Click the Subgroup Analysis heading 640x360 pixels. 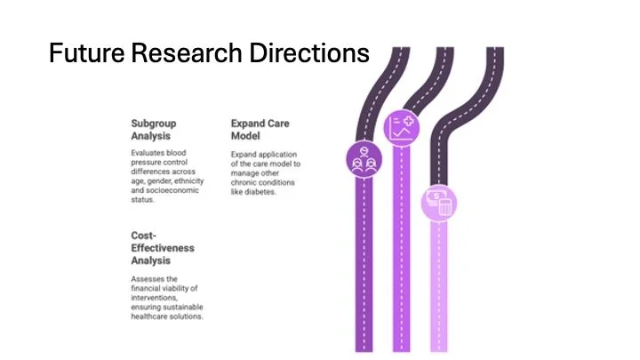[151, 130]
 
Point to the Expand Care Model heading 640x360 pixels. [260, 130]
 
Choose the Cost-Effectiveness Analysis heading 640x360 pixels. [162, 248]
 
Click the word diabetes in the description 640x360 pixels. [260, 192]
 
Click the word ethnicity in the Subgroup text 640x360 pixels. [188, 180]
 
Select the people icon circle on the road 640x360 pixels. [362, 160]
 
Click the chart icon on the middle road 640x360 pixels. [401, 127]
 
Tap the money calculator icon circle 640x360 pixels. [439, 201]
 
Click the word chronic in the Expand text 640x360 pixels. [243, 182]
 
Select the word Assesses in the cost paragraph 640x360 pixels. [146, 278]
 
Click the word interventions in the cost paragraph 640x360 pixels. [153, 297]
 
